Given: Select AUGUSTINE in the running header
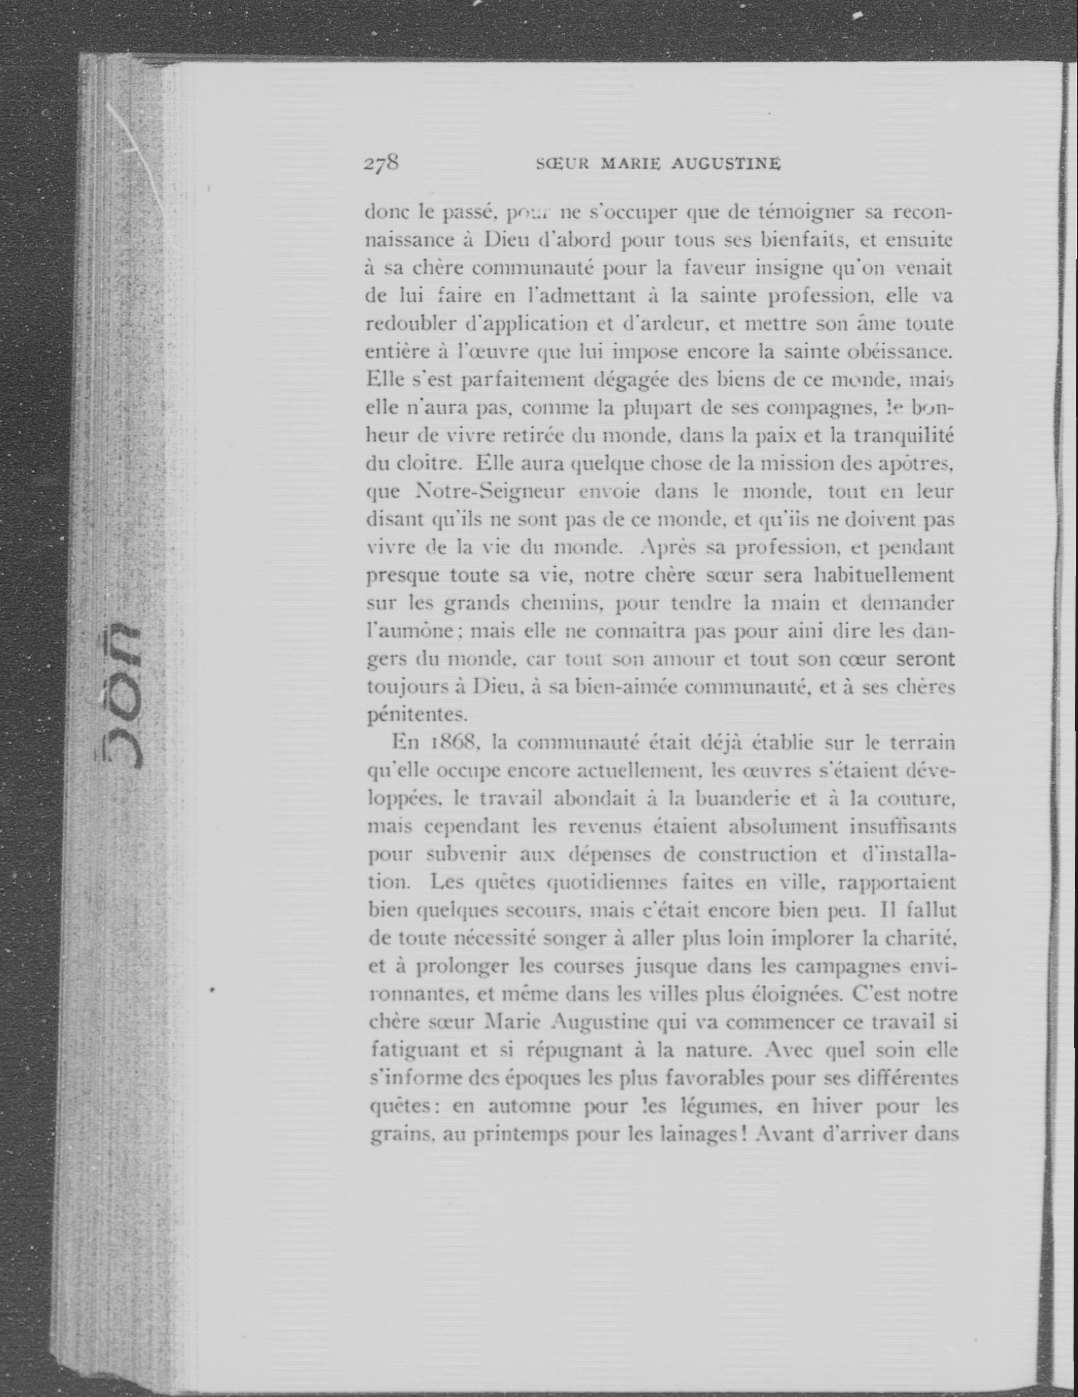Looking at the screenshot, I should click(x=725, y=165).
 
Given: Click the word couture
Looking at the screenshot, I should click(x=916, y=798).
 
